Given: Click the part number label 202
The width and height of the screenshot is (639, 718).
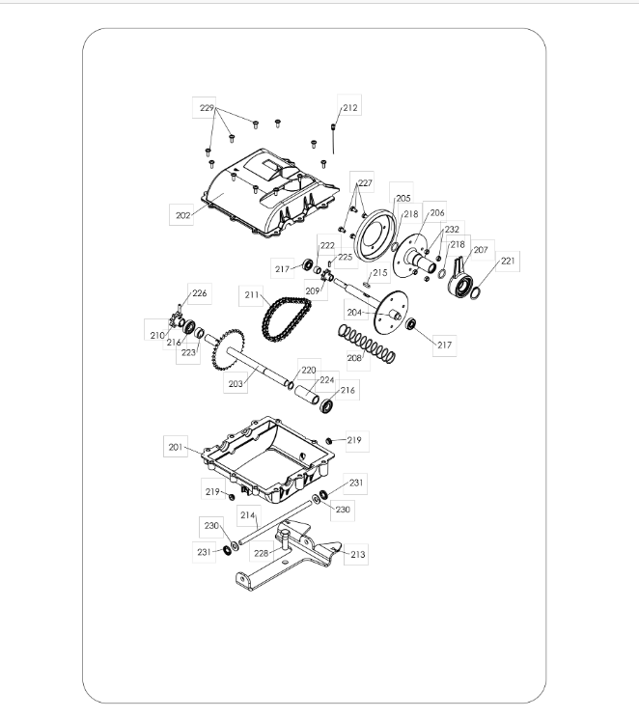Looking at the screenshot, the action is click(182, 215).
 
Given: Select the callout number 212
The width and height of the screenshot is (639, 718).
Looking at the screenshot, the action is click(350, 108).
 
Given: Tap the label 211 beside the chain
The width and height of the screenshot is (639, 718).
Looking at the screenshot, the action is click(252, 295).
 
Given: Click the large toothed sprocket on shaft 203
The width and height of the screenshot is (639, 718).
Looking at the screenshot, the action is click(228, 350).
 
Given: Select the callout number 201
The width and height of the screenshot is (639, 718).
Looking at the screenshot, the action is click(176, 447).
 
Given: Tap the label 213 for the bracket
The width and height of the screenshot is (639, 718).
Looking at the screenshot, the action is click(358, 555).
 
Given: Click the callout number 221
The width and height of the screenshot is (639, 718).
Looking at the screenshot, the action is click(508, 261).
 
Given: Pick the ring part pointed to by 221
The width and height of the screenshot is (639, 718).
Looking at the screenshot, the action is click(476, 292).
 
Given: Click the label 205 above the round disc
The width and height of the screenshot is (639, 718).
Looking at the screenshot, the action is click(403, 198).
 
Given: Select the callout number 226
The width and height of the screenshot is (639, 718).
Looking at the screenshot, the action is click(199, 293).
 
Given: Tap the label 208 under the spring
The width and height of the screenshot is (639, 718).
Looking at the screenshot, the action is click(354, 358).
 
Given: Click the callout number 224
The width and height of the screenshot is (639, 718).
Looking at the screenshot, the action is click(327, 380).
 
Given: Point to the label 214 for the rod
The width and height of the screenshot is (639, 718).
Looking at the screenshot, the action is click(247, 515).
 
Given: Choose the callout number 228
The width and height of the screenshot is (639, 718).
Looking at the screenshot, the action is click(261, 553).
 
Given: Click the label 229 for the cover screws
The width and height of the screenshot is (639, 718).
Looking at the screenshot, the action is click(207, 108).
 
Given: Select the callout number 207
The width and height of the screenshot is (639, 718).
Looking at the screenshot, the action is click(481, 250).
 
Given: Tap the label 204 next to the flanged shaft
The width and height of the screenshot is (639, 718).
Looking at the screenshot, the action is click(354, 313).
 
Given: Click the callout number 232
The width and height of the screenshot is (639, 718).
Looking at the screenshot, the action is click(452, 230).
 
